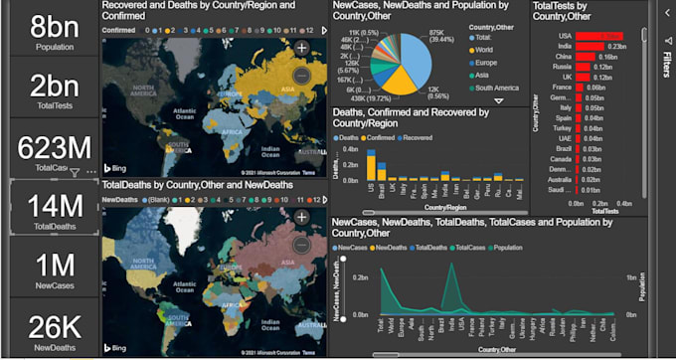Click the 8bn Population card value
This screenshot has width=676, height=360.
54,25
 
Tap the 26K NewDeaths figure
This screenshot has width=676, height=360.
54,327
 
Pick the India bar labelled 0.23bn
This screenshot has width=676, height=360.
589,46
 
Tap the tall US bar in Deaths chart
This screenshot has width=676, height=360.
370,163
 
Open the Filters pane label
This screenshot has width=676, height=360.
665,65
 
